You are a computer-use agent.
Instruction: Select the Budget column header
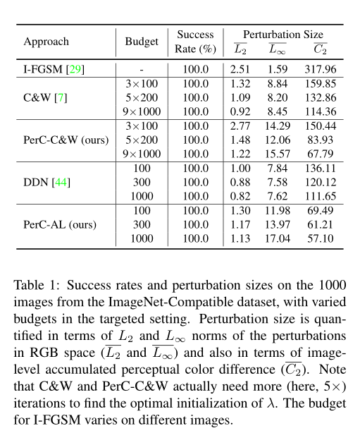(x=142, y=42)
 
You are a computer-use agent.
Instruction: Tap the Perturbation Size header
(x=283, y=34)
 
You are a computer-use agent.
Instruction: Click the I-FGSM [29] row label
(x=54, y=69)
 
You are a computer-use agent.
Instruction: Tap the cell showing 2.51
(x=240, y=69)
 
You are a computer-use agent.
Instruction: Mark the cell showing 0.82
(x=240, y=196)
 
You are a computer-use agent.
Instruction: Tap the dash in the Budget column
(x=141, y=69)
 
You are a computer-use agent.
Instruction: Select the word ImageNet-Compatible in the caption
(x=165, y=301)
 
